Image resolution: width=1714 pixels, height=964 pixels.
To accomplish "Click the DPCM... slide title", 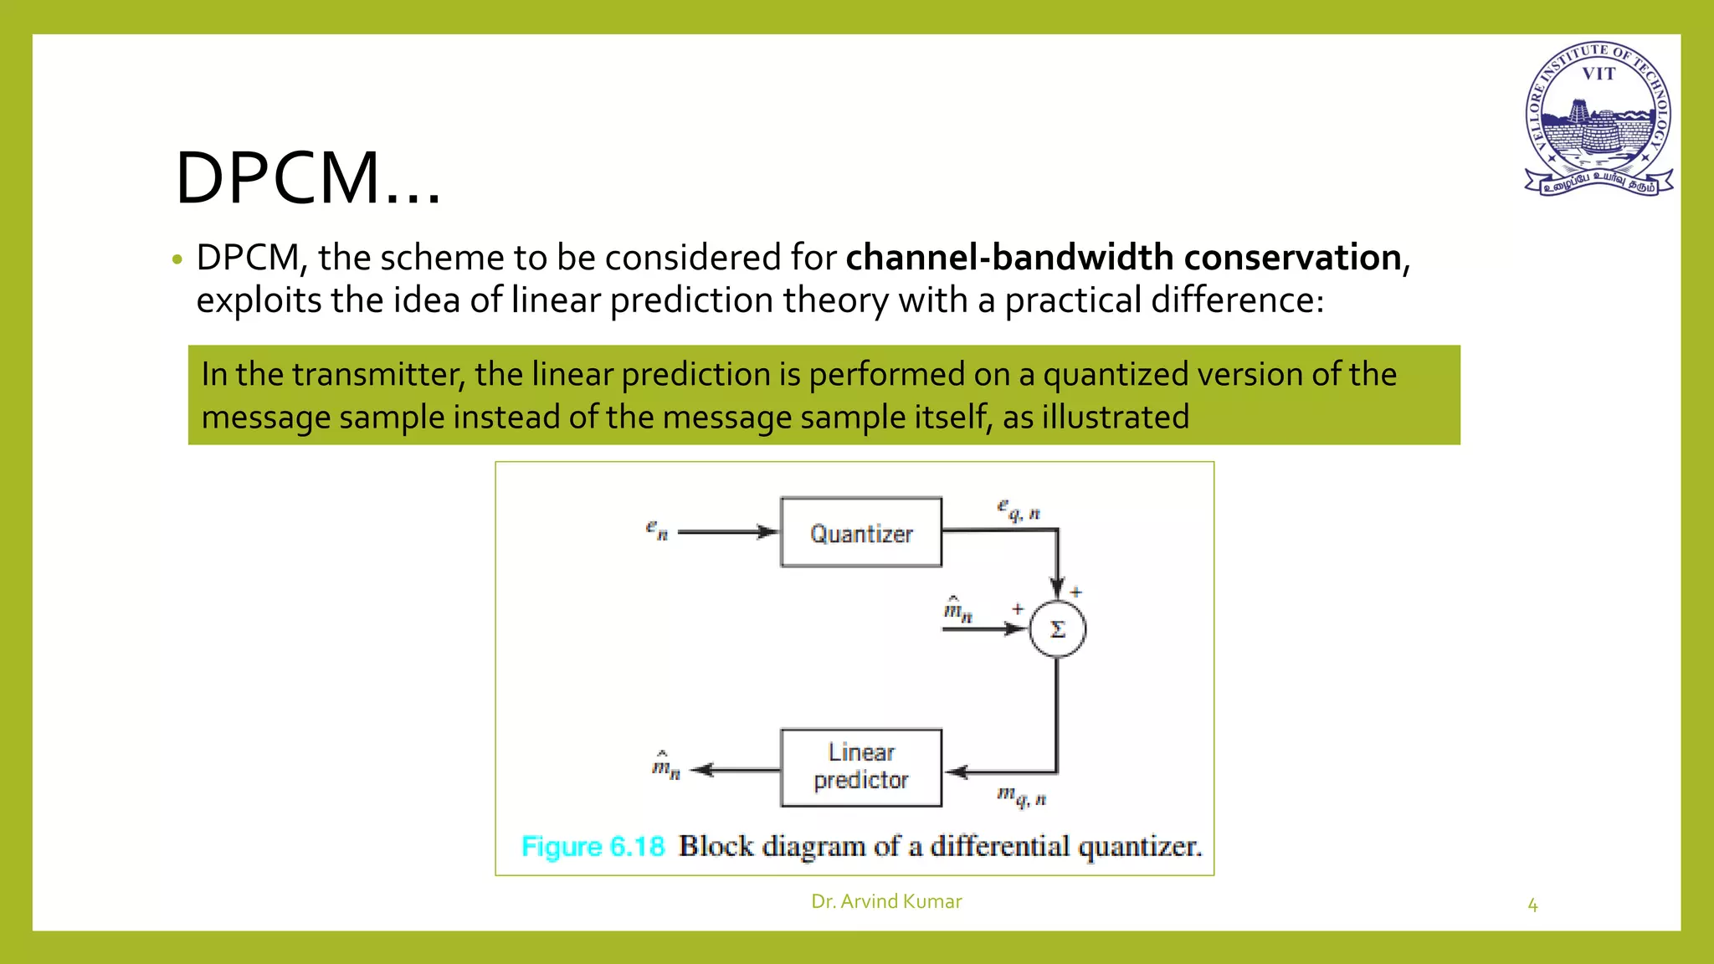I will [x=307, y=178].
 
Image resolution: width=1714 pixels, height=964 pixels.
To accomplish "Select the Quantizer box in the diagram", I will [x=860, y=533].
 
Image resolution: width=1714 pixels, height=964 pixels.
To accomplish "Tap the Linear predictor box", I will [x=860, y=767].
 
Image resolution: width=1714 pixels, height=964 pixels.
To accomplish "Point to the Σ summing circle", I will [x=1057, y=629].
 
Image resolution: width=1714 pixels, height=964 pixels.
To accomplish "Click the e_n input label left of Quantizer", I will [x=657, y=530].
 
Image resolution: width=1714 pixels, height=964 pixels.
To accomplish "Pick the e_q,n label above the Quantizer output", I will [x=1018, y=510].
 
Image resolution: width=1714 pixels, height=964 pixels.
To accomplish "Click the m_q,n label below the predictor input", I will [x=1021, y=796].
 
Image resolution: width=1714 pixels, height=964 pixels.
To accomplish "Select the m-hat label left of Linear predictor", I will [x=665, y=766].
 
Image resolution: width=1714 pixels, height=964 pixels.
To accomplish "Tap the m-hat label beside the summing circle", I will [x=957, y=610].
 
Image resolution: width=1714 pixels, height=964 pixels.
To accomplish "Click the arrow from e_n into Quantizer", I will [x=726, y=531].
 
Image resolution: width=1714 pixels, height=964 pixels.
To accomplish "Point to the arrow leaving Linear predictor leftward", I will [x=735, y=770].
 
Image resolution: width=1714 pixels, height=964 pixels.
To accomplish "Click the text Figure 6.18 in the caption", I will [x=593, y=847].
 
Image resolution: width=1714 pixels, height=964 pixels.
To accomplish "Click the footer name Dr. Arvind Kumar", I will [x=886, y=901].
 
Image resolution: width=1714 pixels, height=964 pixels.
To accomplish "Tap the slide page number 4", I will [x=1532, y=905].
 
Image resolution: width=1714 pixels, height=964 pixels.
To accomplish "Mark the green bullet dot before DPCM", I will [x=177, y=260].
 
